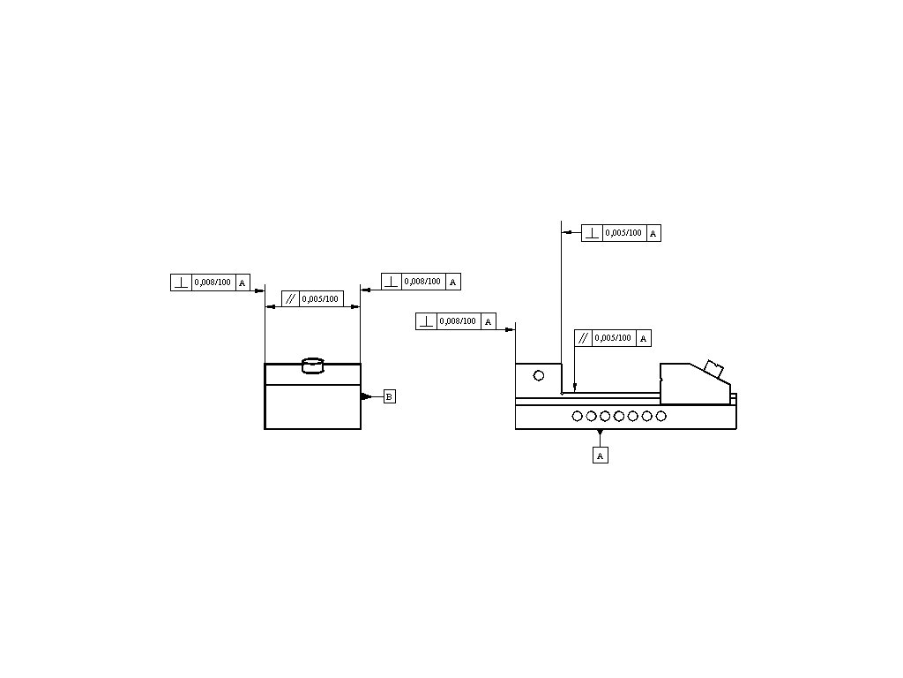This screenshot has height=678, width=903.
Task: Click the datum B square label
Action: pos(390,397)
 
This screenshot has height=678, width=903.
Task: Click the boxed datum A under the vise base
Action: pos(601,456)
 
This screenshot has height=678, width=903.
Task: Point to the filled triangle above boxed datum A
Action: pos(601,433)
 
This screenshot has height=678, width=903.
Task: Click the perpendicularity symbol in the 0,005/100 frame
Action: pos(592,233)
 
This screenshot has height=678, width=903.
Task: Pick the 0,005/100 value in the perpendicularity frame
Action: pos(623,233)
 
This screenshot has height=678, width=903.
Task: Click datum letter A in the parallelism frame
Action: pos(644,338)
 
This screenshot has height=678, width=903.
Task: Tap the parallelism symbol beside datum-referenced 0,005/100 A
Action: pos(583,338)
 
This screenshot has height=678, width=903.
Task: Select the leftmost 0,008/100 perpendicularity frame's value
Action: pos(213,282)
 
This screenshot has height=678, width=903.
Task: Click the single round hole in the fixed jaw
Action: pos(539,375)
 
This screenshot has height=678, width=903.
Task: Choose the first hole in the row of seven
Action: pos(577,416)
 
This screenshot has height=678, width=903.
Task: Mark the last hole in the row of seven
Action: pos(661,416)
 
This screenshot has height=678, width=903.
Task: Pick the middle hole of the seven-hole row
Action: pos(619,416)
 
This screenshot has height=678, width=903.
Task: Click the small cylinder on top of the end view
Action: pos(313,365)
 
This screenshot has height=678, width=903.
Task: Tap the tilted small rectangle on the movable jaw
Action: pos(713,369)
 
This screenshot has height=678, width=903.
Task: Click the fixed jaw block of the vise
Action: pos(538,380)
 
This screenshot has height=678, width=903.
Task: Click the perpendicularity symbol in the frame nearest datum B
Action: pos(392,282)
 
